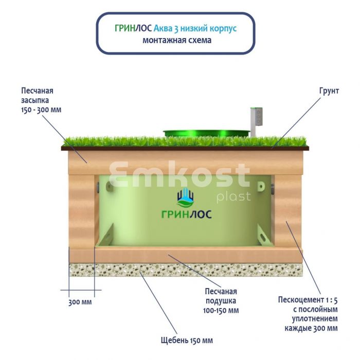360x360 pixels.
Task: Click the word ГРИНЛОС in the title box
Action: (x=133, y=28)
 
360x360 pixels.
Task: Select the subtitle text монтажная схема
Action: (x=177, y=40)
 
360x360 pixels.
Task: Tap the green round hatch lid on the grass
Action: (x=206, y=133)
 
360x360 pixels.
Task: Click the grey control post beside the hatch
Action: (x=256, y=121)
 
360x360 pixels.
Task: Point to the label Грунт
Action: (x=329, y=91)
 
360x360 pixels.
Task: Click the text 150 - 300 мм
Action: (x=41, y=110)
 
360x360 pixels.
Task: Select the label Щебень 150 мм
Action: (x=187, y=340)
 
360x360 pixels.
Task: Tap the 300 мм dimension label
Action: (x=80, y=302)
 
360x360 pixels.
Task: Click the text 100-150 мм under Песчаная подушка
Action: (x=221, y=311)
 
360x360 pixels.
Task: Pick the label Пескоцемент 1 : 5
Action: (x=308, y=300)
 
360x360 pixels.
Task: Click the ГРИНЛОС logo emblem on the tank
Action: (x=186, y=197)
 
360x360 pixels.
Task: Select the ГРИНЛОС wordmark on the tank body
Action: (x=186, y=214)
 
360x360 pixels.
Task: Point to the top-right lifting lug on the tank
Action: (x=261, y=186)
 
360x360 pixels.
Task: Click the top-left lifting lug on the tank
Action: (x=110, y=187)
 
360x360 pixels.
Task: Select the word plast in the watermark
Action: (x=233, y=197)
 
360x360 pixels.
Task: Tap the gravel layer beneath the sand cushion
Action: (x=186, y=270)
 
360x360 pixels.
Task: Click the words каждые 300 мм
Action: (x=311, y=328)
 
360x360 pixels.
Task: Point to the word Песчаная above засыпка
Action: (x=37, y=91)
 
